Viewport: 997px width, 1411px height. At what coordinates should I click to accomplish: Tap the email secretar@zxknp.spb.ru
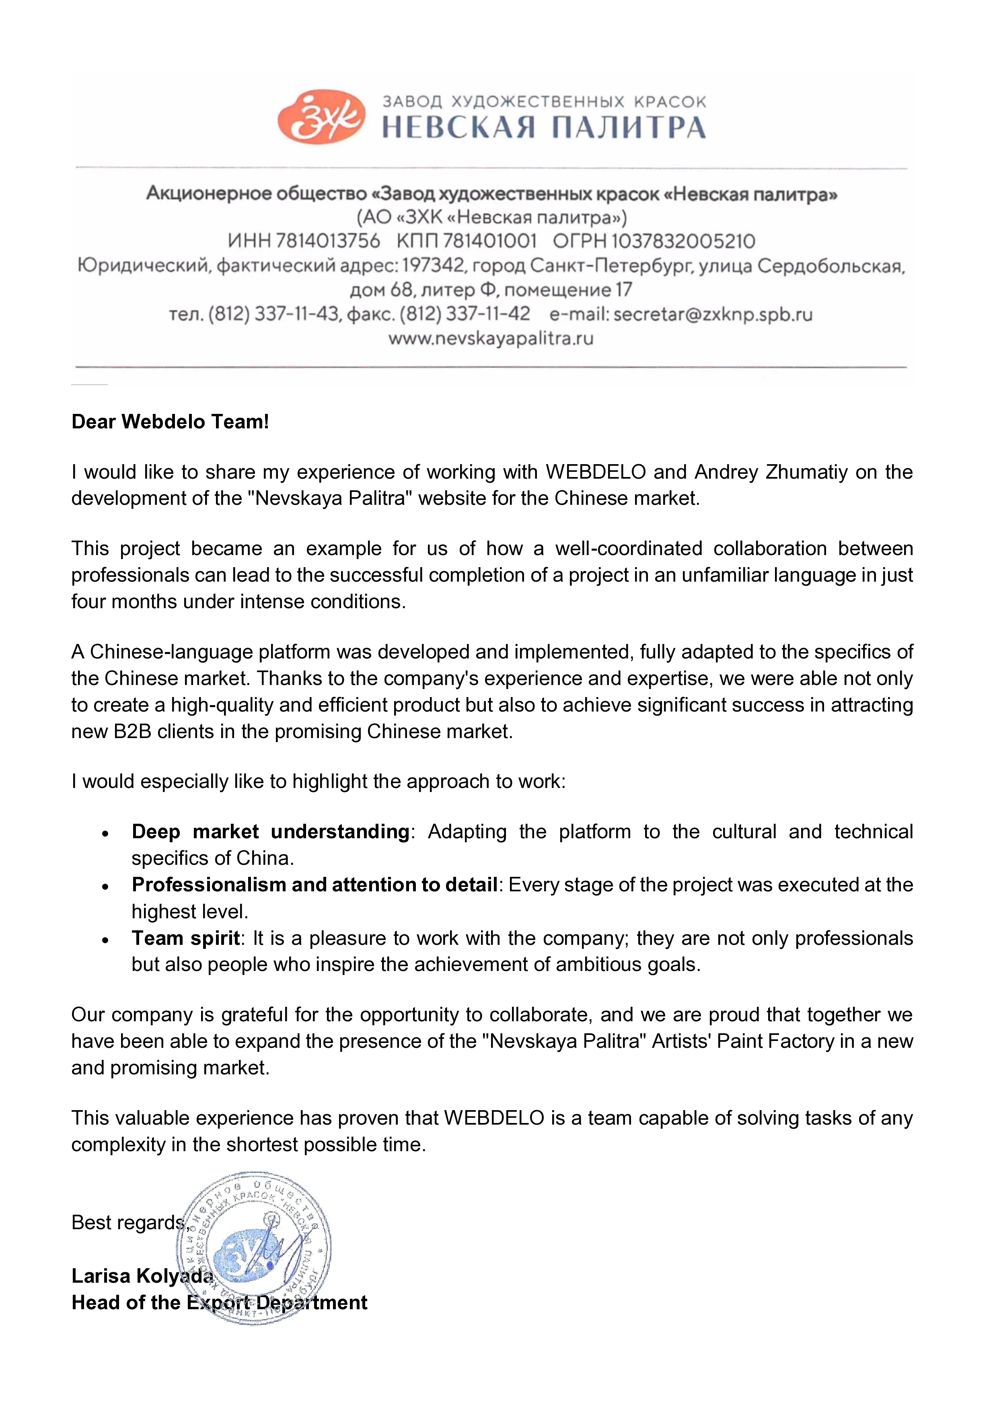[x=713, y=314]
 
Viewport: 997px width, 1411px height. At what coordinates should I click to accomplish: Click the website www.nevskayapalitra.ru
[x=491, y=338]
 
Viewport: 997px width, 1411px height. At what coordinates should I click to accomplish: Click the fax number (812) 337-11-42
[x=465, y=314]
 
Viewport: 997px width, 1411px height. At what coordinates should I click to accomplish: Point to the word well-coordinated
[x=629, y=548]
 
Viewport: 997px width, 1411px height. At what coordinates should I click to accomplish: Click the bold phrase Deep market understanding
[x=270, y=831]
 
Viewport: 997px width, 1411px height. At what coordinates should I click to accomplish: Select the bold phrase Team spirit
[x=185, y=938]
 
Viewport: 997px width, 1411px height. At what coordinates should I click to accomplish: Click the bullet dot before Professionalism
[x=106, y=886]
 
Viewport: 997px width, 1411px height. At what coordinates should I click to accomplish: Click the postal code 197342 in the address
[x=434, y=265]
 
